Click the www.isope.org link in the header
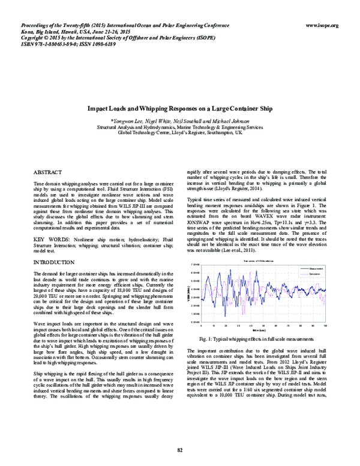(322, 25)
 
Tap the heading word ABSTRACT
(44, 172)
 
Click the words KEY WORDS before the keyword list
(47, 240)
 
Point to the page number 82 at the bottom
(179, 450)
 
